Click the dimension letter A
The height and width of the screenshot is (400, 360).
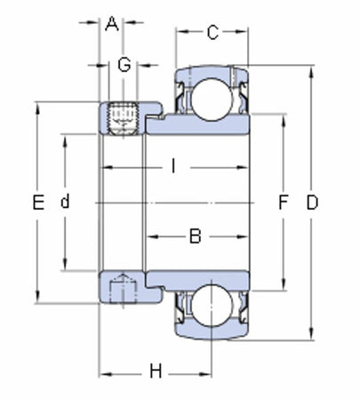click(x=112, y=24)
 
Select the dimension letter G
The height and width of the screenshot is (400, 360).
click(x=124, y=65)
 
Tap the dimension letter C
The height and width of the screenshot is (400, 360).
click(x=212, y=34)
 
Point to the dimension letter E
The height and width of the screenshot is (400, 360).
click(x=37, y=203)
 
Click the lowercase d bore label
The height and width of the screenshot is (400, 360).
click(x=64, y=203)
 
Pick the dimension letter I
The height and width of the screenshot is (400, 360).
click(x=174, y=165)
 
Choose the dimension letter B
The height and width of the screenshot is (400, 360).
click(x=196, y=236)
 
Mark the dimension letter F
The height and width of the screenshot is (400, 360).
click(x=283, y=203)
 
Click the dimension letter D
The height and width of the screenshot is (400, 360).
click(x=312, y=203)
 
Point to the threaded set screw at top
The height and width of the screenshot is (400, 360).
click(x=123, y=119)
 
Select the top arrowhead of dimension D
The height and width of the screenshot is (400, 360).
click(x=312, y=69)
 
